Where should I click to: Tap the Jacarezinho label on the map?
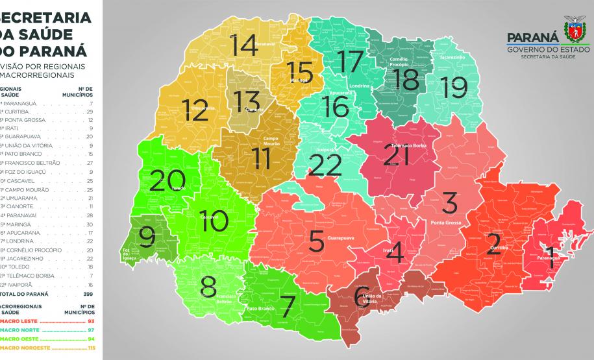click(452, 57)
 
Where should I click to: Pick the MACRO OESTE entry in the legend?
click(21, 339)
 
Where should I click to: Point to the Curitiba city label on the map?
click(499, 248)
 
